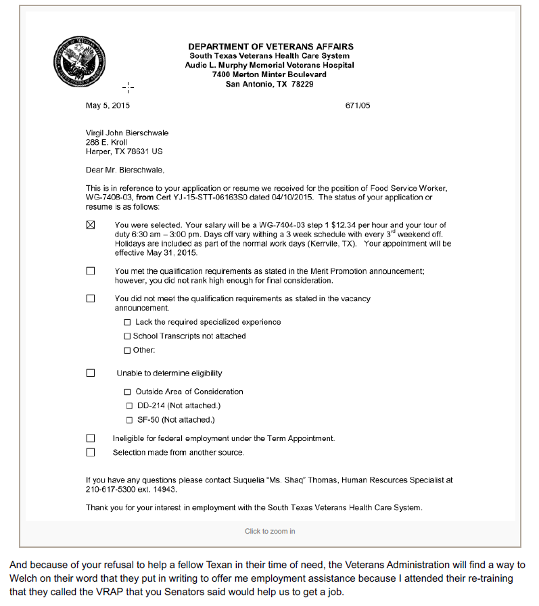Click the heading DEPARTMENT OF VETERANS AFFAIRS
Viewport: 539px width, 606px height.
tap(271, 47)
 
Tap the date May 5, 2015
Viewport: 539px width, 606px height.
tap(108, 106)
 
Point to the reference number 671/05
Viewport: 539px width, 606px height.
tap(358, 106)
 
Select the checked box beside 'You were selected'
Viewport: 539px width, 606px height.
tap(91, 225)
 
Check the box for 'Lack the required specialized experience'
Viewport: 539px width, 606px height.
tap(127, 322)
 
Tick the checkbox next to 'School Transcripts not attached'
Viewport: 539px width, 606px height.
tap(127, 336)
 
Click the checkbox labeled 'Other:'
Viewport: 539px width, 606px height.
tap(127, 350)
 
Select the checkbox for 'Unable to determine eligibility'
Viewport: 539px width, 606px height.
tap(91, 373)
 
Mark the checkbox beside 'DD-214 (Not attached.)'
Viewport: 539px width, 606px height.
tap(129, 406)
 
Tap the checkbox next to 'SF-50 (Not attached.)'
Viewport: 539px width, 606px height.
tap(129, 420)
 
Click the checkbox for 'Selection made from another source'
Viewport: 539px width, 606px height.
tap(91, 452)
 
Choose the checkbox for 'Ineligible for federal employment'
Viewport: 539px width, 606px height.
tap(91, 438)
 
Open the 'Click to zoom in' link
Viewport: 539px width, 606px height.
tap(270, 531)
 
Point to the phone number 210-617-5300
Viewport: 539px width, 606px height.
tap(110, 489)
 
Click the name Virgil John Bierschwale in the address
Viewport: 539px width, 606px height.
tap(127, 133)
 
